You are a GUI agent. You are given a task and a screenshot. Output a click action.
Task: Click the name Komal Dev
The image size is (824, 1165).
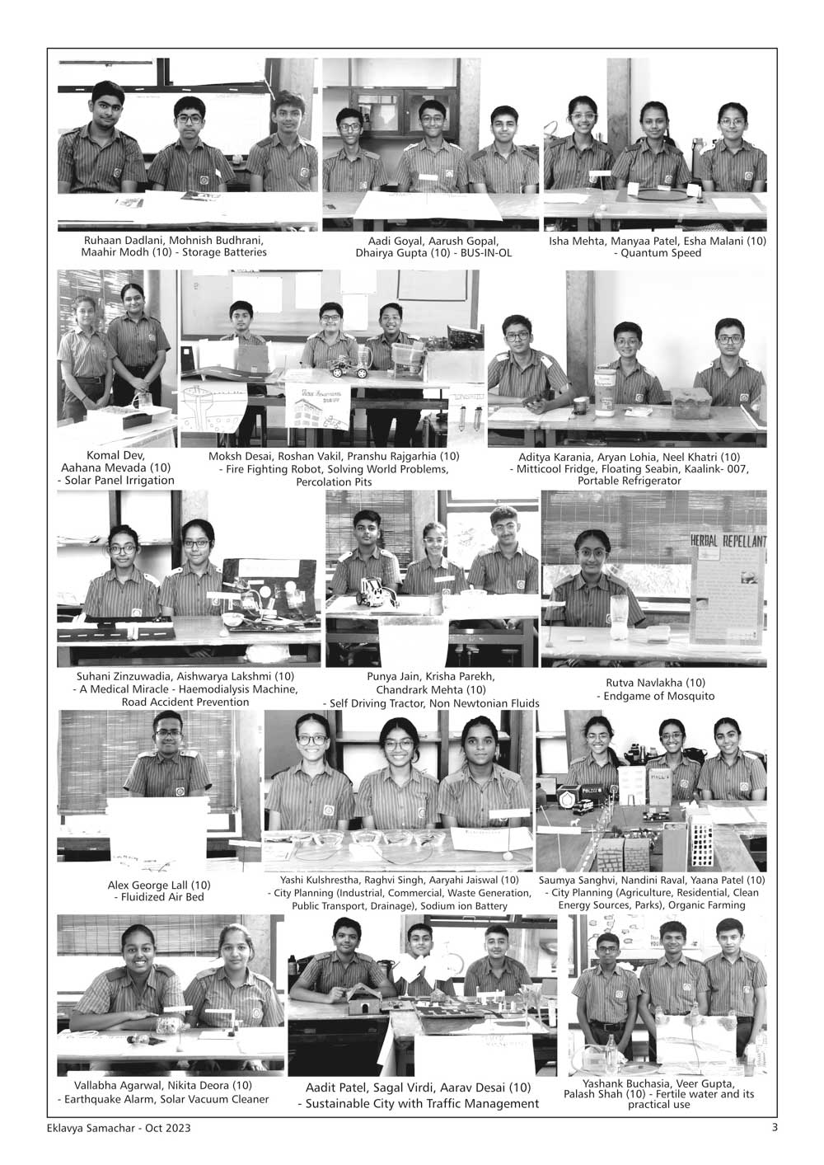tap(115, 455)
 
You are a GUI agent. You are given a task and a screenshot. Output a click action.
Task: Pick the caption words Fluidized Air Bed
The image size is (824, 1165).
tap(158, 896)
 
